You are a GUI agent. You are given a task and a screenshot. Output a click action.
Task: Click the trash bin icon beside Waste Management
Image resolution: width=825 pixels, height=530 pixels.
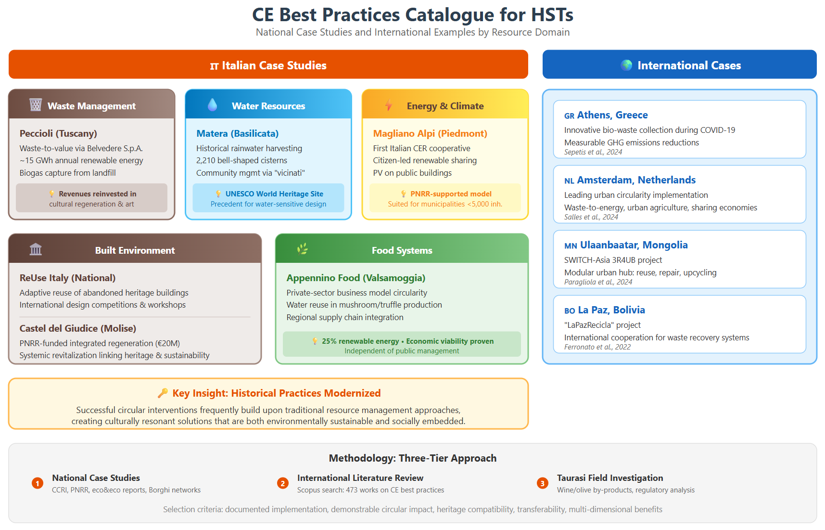click(x=36, y=104)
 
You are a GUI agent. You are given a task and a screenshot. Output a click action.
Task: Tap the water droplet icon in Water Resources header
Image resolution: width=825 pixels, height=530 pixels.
click(x=212, y=104)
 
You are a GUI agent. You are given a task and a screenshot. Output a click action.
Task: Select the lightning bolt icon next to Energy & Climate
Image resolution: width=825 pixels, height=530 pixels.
click(x=389, y=105)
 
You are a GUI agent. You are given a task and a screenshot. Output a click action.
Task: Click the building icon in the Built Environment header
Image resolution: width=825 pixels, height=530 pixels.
click(x=36, y=249)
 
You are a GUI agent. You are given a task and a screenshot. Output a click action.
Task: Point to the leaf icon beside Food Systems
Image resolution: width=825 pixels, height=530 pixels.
click(x=303, y=249)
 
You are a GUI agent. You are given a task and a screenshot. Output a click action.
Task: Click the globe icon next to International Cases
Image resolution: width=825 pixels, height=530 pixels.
click(x=626, y=65)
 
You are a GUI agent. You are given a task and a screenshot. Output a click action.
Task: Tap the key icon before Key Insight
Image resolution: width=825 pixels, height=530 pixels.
click(x=163, y=393)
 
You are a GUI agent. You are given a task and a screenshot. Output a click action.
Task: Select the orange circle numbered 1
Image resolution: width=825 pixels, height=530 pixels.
click(x=38, y=483)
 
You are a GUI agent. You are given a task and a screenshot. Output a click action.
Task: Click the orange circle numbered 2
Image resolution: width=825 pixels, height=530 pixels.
click(x=283, y=483)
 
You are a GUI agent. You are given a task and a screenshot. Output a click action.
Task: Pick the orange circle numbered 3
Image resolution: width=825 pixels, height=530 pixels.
click(x=543, y=483)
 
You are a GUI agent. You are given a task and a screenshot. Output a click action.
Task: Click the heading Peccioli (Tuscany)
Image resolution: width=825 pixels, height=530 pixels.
click(x=58, y=133)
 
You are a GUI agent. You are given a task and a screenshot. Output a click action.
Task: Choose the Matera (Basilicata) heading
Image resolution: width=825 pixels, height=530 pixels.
click(x=237, y=133)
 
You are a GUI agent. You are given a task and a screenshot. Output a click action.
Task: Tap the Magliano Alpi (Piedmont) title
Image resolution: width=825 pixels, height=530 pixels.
click(x=430, y=133)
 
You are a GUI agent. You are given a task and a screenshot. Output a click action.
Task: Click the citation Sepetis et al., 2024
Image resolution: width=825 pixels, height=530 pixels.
click(x=593, y=152)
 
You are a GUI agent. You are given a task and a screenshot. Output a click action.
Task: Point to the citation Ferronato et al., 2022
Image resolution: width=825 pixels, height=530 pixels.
click(x=597, y=347)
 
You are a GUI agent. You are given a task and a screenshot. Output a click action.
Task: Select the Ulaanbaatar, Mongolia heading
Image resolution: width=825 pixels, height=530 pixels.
click(x=634, y=245)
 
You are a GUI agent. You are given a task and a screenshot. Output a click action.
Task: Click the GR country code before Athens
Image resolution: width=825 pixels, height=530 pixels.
click(x=570, y=116)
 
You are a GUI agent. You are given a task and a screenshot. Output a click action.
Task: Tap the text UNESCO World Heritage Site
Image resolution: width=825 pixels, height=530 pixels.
click(x=274, y=194)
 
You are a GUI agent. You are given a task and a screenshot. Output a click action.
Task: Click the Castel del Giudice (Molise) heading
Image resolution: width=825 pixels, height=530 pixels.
click(x=78, y=328)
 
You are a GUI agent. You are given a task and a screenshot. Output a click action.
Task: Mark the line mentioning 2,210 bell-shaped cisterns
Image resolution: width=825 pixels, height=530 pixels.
click(x=241, y=160)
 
